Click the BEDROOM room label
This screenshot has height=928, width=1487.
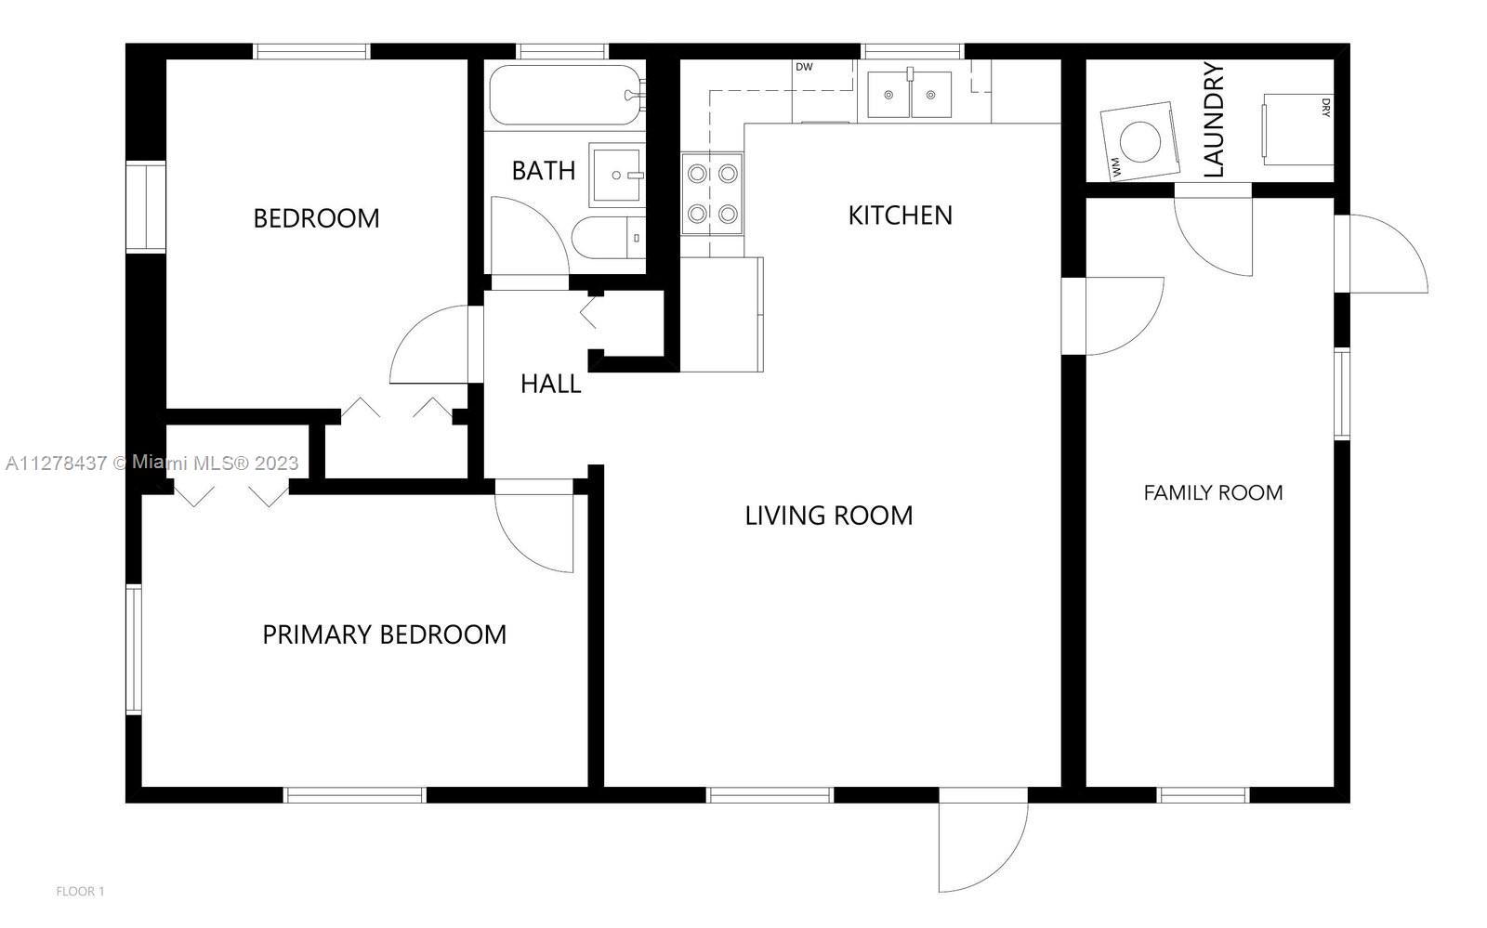[316, 218]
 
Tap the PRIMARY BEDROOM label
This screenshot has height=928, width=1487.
[385, 634]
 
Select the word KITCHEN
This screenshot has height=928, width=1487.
[901, 216]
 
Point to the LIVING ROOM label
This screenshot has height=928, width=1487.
[828, 516]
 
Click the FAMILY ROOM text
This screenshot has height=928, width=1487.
[1213, 493]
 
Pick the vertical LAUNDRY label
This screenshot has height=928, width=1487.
[1214, 120]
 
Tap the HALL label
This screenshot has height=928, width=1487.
[550, 384]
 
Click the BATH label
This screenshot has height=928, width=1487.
[543, 171]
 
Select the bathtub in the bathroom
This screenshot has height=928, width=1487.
[566, 95]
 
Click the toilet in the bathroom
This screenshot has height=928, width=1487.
[608, 238]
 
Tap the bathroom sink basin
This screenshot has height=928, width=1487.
[617, 176]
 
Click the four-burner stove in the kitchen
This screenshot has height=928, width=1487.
[712, 194]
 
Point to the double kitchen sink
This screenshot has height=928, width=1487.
[910, 94]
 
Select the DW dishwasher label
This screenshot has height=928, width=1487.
[804, 67]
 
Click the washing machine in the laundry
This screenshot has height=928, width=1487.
[1140, 141]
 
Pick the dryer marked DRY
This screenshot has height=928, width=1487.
[1297, 129]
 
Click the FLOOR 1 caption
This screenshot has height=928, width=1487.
[80, 892]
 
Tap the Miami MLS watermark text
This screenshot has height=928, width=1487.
[152, 463]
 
